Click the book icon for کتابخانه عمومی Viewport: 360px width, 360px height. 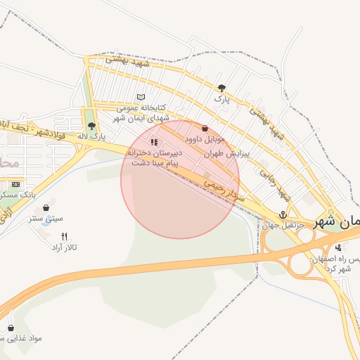click(141, 97)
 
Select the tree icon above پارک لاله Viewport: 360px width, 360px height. click(91, 126)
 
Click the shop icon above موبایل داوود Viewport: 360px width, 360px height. click(205, 129)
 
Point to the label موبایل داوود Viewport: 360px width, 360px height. click(204, 140)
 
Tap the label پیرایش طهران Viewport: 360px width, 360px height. click(217, 152)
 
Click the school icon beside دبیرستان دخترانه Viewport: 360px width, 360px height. click(154, 142)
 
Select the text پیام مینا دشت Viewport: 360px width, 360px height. click(155, 162)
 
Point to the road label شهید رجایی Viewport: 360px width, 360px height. click(269, 180)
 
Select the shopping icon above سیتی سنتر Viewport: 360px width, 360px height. click(46, 208)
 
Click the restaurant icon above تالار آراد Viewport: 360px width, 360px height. click(64, 237)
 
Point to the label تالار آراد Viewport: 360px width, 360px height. click(64, 248)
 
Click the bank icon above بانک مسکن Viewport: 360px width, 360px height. click(15, 184)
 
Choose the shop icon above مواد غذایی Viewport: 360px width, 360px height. click(11, 328)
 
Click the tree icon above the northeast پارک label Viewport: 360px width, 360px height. click(222, 88)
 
